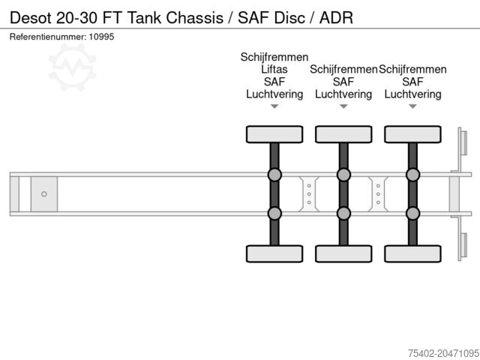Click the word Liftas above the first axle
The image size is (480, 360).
274,70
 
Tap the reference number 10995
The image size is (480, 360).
101,37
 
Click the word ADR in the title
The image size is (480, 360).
336,16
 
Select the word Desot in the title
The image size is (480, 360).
28,16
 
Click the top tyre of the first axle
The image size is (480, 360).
274,134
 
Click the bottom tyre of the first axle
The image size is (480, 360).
274,254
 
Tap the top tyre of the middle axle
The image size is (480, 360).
343,134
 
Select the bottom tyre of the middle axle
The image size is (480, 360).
343,254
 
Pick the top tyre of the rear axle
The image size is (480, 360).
412,134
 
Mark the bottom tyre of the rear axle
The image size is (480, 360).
412,254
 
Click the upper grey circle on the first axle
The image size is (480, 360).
274,175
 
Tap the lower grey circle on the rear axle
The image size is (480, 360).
412,214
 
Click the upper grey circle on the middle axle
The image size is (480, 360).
343,175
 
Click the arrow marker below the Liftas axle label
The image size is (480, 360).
274,106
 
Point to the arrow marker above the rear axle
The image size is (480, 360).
412,106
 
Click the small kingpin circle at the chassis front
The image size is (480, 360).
44,194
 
